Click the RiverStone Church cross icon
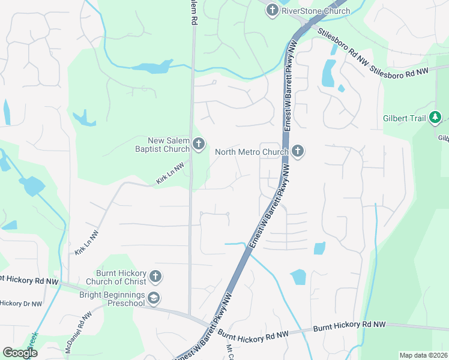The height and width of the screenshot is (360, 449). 272,10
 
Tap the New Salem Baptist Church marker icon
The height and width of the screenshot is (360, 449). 199,143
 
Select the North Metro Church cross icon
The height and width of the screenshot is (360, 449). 298,151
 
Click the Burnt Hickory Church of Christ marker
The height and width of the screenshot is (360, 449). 155,276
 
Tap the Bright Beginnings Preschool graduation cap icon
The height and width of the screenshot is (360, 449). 155,298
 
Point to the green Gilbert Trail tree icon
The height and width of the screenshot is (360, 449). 436,118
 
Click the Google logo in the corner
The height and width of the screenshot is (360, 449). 19,353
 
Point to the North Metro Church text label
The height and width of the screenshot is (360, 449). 252,152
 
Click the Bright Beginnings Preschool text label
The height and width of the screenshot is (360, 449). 112,298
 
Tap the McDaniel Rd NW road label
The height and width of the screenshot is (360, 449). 78,331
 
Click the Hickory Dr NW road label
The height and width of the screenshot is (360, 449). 21,304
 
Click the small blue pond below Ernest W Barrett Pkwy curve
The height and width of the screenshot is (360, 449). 298,277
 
